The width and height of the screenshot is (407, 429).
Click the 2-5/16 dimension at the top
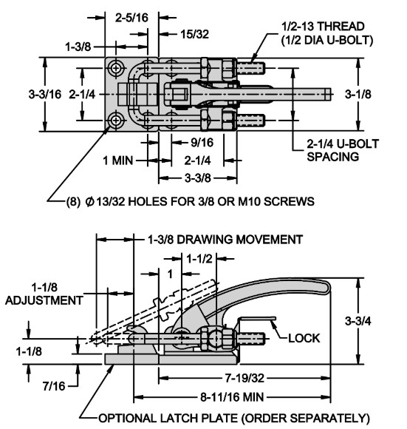tap(131, 18)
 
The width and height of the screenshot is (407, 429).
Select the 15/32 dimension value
tap(194, 34)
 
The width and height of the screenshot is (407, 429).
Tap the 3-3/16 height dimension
tap(45, 95)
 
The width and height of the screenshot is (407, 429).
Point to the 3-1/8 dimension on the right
tap(358, 94)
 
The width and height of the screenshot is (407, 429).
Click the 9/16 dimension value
tap(202, 143)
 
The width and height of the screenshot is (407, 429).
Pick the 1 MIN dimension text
tap(117, 161)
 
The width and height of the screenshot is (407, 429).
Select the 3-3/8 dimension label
tap(198, 178)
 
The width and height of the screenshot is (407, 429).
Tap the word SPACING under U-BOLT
tap(332, 157)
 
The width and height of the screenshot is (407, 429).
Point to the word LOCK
tap(304, 339)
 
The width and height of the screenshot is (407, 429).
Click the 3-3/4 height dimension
tap(358, 321)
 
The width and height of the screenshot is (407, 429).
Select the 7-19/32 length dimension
tap(244, 379)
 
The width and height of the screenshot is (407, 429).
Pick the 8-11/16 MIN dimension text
tap(232, 397)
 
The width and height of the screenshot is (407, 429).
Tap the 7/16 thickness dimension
tap(54, 386)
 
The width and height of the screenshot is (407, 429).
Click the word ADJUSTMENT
tap(44, 301)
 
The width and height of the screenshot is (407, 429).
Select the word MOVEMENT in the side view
tap(270, 240)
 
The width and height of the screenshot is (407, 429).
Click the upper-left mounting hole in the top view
tap(116, 68)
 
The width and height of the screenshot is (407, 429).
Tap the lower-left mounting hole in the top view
tap(116, 121)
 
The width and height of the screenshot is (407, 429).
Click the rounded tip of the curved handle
tap(328, 287)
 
